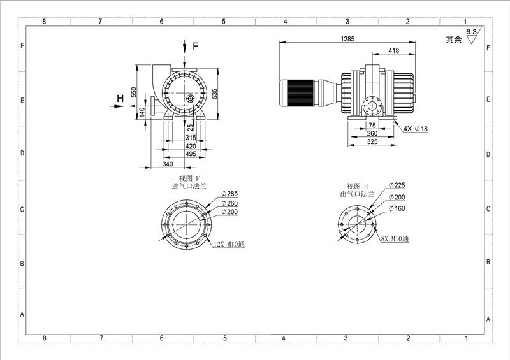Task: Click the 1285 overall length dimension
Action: (x=347, y=39)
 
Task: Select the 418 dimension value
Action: (x=393, y=50)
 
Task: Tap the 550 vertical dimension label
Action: (x=133, y=92)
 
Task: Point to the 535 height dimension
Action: (x=214, y=94)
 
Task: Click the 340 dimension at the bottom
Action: (x=168, y=164)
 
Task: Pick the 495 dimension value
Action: (x=191, y=154)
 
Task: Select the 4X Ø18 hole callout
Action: (x=416, y=129)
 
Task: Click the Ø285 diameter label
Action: (x=229, y=194)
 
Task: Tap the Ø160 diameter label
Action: (x=397, y=208)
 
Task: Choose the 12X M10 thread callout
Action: (x=229, y=244)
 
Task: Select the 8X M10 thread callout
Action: (x=395, y=239)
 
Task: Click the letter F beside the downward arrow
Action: (x=195, y=46)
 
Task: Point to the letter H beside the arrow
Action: (x=120, y=98)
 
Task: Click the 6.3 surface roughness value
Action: (x=471, y=32)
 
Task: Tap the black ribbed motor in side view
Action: (x=297, y=93)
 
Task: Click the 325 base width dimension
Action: (x=372, y=141)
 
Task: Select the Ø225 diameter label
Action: (x=397, y=185)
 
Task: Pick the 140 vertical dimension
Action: (x=142, y=112)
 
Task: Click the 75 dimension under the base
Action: (x=372, y=125)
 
